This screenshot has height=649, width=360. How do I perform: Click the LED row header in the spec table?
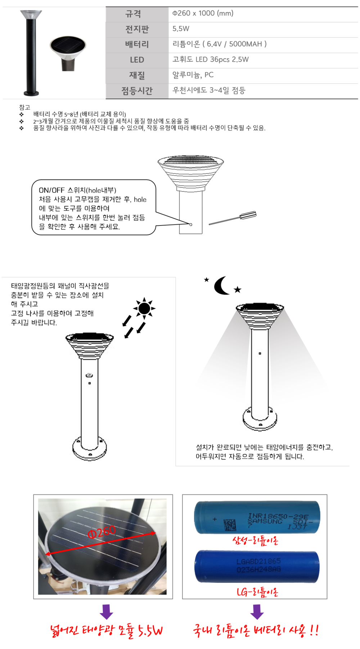(137, 60)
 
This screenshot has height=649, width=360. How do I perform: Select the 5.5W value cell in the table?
(263, 29)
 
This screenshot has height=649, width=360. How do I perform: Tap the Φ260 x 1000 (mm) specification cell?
(263, 14)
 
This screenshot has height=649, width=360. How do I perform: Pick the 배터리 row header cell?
(137, 44)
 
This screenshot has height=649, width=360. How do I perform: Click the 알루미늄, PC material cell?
(263, 75)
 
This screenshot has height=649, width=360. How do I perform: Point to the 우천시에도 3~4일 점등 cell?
(263, 90)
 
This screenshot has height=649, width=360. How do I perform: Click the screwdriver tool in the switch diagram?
(233, 218)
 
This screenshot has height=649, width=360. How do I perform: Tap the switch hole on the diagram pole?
(191, 224)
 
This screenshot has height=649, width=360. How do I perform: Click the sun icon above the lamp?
(144, 308)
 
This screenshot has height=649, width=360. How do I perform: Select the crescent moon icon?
(221, 286)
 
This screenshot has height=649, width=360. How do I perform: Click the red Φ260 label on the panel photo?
(102, 531)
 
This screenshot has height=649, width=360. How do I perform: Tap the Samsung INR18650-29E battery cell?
(257, 517)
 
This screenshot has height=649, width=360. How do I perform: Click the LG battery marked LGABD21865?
(257, 567)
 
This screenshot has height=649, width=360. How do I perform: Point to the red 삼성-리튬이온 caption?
(255, 540)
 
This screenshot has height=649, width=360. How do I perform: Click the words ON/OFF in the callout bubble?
(51, 190)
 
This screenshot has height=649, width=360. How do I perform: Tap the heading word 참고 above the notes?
(24, 107)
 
